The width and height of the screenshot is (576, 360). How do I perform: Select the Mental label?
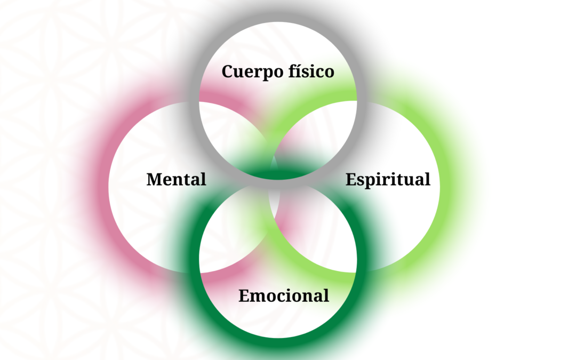(x=176, y=179)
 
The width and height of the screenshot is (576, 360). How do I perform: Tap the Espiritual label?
(x=388, y=179)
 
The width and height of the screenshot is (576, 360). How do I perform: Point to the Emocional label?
(x=284, y=295)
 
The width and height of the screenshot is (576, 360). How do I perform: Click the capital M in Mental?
(x=154, y=179)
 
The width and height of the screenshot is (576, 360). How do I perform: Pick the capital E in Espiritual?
(x=350, y=179)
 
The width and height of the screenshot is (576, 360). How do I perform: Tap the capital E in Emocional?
(x=244, y=295)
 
